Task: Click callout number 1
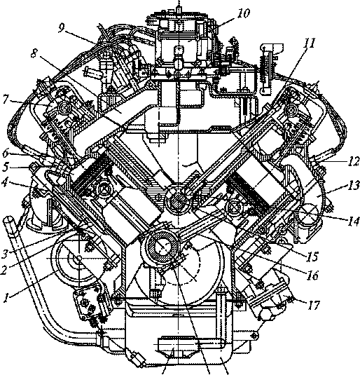click(6, 298)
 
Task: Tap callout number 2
click(4, 270)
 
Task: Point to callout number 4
click(4, 183)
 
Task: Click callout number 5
click(5, 168)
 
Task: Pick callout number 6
click(5, 154)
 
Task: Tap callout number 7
click(6, 100)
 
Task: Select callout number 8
click(34, 53)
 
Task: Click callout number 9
click(61, 28)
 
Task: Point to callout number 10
click(244, 13)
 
